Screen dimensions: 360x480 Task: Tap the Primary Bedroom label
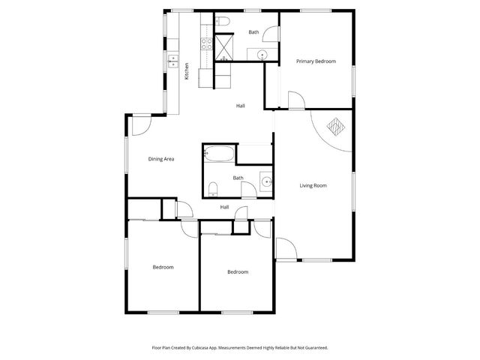point(315,61)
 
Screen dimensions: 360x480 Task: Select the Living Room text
point(313,185)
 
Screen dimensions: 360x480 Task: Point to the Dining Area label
point(161,158)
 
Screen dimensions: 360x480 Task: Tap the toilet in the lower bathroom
point(212,187)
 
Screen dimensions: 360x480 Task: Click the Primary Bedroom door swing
point(296,101)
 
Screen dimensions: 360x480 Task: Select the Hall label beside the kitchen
point(240,106)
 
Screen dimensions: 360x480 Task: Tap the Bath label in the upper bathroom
point(253,32)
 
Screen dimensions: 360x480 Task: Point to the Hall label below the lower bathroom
point(224,207)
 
